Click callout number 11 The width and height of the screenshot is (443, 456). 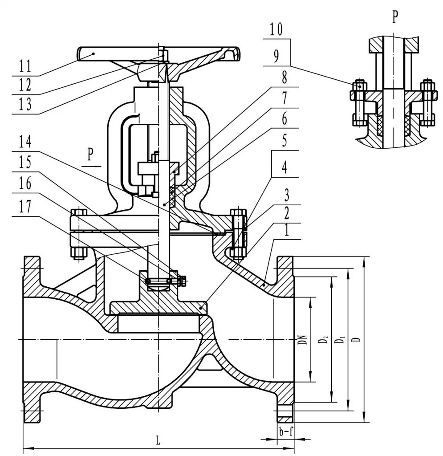pyautogui.click(x=25, y=67)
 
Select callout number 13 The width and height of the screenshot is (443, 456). pyautogui.click(x=25, y=104)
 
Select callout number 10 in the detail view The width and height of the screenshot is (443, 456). pyautogui.click(x=276, y=31)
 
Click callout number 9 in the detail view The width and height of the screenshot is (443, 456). pyautogui.click(x=276, y=57)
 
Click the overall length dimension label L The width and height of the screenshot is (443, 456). pyautogui.click(x=158, y=441)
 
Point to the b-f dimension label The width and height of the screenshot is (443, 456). pyautogui.click(x=285, y=431)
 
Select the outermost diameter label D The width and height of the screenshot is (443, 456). pyautogui.click(x=356, y=339)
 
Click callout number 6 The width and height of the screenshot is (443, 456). pyautogui.click(x=283, y=119)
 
